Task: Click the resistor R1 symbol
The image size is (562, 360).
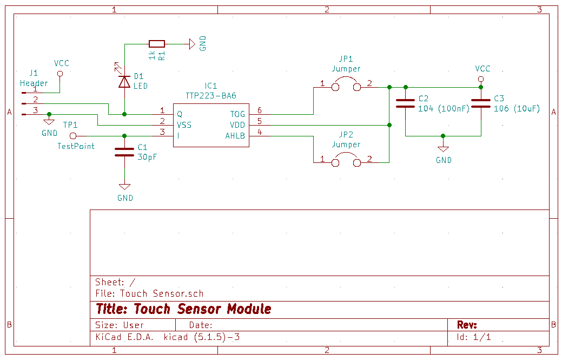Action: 157,44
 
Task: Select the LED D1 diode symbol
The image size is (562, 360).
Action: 124,81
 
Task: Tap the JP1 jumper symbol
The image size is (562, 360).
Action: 346,86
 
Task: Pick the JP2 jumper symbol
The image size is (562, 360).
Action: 346,161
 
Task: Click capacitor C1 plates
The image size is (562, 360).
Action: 124,152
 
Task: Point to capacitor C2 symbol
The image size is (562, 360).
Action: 406,103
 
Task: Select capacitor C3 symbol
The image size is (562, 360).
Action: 481,103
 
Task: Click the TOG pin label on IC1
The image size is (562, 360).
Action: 237,114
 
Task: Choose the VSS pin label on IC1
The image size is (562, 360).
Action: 184,125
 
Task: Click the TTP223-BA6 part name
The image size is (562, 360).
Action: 211,95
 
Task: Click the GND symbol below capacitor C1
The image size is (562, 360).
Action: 124,187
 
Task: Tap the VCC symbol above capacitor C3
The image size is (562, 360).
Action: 481,79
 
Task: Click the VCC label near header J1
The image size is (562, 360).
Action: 61,63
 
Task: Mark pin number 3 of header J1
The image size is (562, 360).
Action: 36,110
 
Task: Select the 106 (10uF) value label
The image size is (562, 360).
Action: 517,108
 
